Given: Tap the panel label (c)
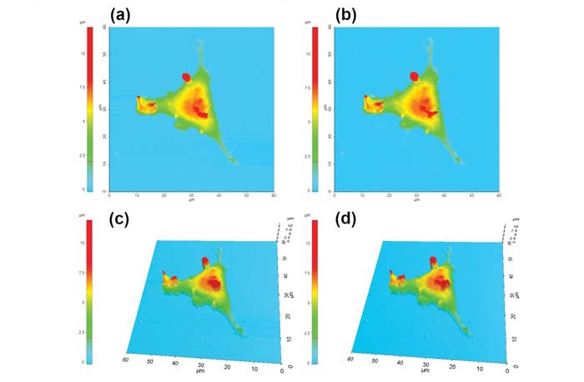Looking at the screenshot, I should coord(123,219).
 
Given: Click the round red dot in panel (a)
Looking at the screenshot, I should coord(187,78).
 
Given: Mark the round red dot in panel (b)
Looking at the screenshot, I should coord(413,77).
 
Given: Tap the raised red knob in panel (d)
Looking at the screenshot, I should coord(432,262).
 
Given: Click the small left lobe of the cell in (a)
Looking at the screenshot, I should coord(147,104).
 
